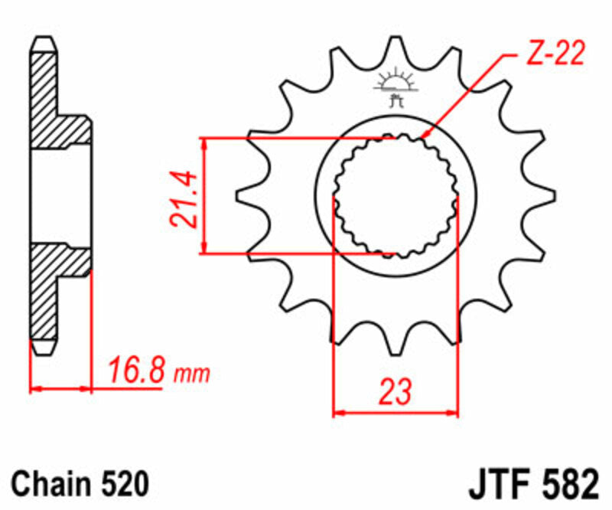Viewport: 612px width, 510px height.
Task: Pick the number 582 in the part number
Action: coord(568,485)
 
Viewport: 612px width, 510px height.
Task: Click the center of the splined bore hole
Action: coord(396,195)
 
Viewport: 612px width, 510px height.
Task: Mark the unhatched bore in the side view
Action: coord(61,195)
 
